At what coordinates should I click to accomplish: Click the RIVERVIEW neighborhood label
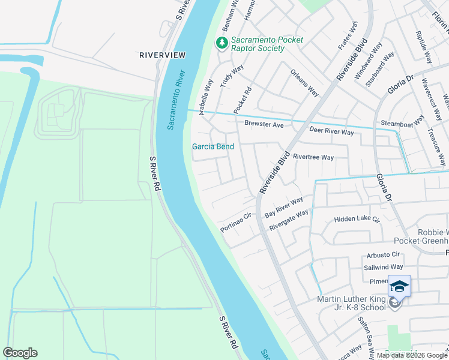coord(162,55)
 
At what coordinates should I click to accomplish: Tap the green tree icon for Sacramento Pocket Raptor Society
coord(222,43)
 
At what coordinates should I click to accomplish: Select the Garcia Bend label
coord(212,146)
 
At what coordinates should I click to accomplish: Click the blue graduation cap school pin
coord(399,286)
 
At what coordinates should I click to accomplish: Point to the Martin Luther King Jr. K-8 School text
coord(351,303)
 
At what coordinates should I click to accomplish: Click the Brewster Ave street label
coord(264,124)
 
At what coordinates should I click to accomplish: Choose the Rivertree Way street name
coord(313,157)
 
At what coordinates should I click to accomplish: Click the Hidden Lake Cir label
coord(357,220)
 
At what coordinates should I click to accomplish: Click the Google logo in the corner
coord(20,353)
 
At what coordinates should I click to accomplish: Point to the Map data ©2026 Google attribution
coord(412,355)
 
